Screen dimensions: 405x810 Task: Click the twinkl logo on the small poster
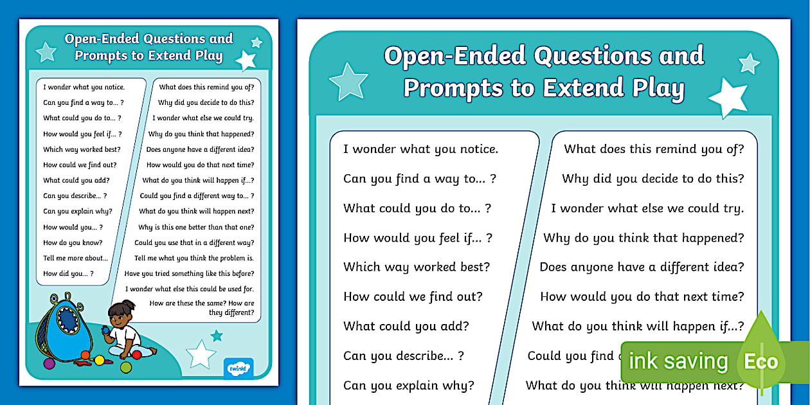pos(239,369)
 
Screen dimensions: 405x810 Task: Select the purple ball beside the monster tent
pos(49,363)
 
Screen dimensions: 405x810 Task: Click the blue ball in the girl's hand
pos(107,330)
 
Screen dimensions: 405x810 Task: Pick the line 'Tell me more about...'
pos(75,258)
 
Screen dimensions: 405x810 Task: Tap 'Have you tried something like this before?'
pos(189,274)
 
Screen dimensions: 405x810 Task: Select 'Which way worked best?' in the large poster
pos(417,267)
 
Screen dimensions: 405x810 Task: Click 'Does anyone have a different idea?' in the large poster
pos(642,267)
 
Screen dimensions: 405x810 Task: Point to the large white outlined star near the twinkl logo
pos(201,354)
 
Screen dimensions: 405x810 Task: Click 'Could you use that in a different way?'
pos(194,243)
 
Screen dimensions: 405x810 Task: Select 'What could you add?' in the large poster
pos(406,326)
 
